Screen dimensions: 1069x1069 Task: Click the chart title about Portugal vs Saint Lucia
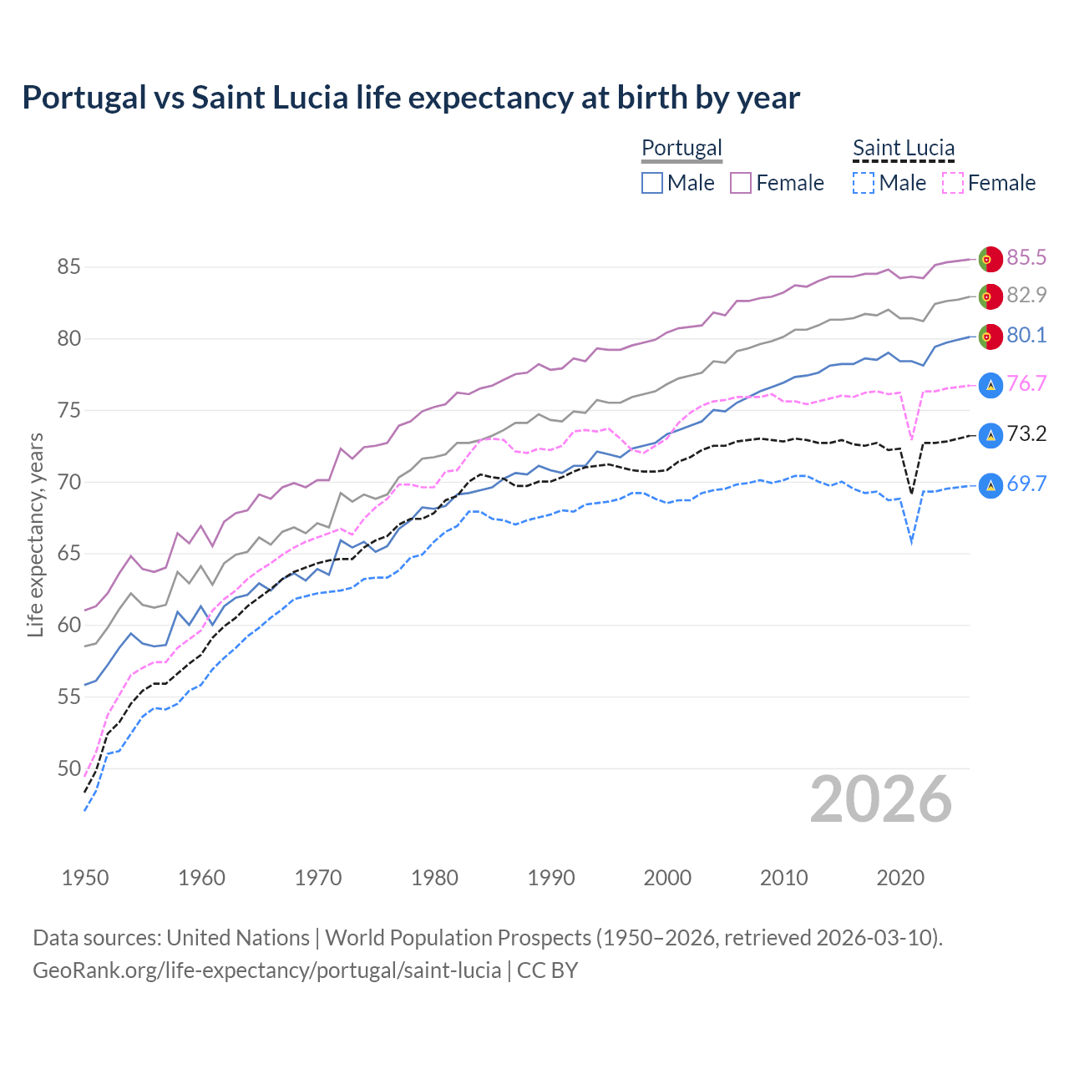pyautogui.click(x=411, y=98)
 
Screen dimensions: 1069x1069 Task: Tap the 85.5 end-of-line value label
pyautogui.click(x=1026, y=257)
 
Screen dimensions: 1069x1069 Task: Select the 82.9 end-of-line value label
pyautogui.click(x=1026, y=295)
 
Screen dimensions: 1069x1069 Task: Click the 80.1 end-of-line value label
pyautogui.click(x=1026, y=335)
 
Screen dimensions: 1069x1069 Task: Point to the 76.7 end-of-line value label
pyautogui.click(x=1026, y=383)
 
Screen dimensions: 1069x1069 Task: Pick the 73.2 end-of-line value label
pyautogui.click(x=1026, y=433)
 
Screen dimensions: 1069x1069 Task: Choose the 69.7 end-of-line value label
pyautogui.click(x=1026, y=484)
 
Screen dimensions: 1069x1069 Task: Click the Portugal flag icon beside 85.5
pyautogui.click(x=990, y=259)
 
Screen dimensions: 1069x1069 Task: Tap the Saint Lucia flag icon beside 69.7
pyautogui.click(x=990, y=485)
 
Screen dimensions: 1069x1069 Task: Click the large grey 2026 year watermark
pyautogui.click(x=881, y=799)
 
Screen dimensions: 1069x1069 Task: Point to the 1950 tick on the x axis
pyautogui.click(x=85, y=878)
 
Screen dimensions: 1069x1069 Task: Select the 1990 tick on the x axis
pyautogui.click(x=551, y=878)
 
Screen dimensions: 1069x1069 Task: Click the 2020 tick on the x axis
pyautogui.click(x=900, y=878)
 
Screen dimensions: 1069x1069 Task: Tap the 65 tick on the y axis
pyautogui.click(x=68, y=554)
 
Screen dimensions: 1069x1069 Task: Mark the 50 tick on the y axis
pyautogui.click(x=68, y=768)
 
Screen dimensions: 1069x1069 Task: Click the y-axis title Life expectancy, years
pyautogui.click(x=36, y=534)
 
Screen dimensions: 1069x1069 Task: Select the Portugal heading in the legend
pyautogui.click(x=681, y=148)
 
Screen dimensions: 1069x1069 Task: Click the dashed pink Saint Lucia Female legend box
pyautogui.click(x=953, y=183)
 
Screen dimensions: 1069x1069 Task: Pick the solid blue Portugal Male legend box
pyautogui.click(x=652, y=183)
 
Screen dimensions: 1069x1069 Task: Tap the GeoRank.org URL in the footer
pyautogui.click(x=266, y=970)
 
